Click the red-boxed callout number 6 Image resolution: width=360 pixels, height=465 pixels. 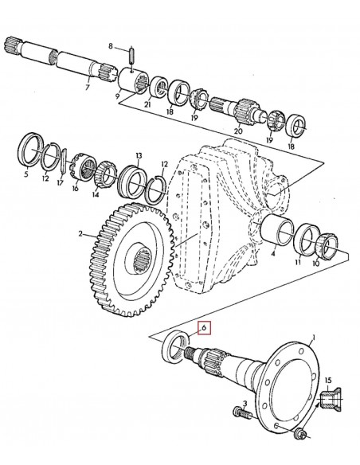[x=204, y=327]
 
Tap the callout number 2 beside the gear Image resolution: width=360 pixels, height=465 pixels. [x=81, y=235]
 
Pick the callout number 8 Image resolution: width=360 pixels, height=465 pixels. [x=112, y=46]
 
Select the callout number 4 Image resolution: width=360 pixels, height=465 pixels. [x=274, y=256]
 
